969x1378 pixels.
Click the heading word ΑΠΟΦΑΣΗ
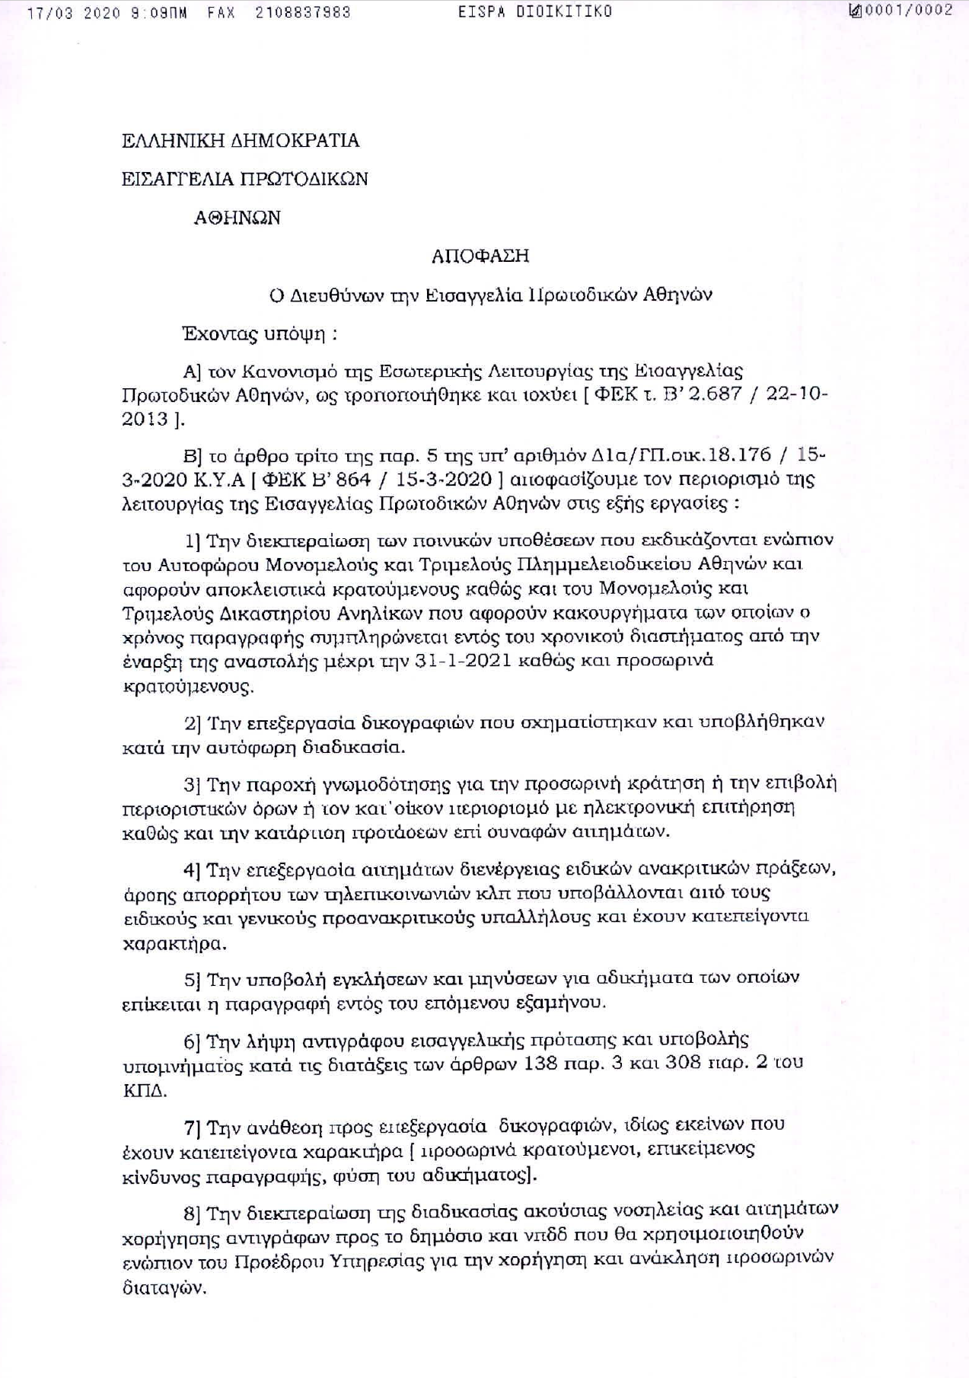tap(480, 256)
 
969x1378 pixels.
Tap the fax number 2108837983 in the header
tap(303, 13)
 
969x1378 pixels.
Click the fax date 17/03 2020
tap(73, 13)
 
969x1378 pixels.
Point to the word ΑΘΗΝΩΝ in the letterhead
tap(237, 218)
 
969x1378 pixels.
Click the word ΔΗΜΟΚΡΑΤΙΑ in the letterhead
tap(296, 141)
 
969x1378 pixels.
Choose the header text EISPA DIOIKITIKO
tap(535, 11)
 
